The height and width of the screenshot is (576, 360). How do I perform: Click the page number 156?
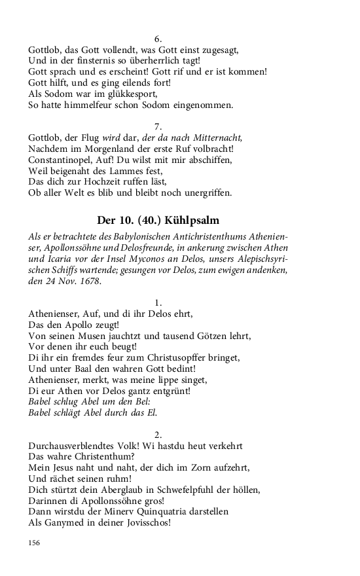tap(34, 543)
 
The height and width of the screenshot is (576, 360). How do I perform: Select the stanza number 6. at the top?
tap(158, 38)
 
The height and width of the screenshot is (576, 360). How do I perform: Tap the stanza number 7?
tap(158, 126)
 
